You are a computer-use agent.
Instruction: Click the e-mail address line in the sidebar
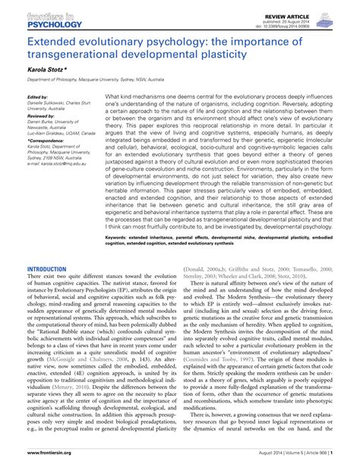pyautogui.click(x=61, y=184)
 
